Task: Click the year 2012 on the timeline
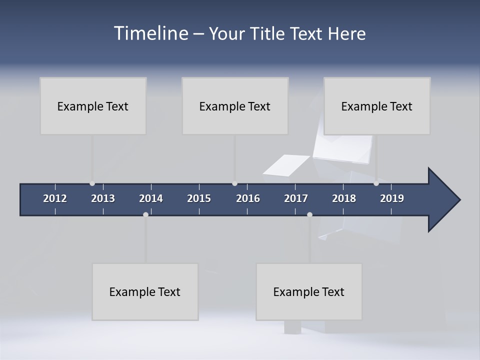click(x=55, y=198)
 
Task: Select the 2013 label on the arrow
click(x=103, y=198)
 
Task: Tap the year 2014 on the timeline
click(x=151, y=198)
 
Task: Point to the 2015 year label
click(x=199, y=198)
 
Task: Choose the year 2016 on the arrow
click(x=248, y=198)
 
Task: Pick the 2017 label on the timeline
click(x=296, y=198)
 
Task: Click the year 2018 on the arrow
click(x=344, y=198)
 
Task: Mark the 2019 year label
click(x=392, y=198)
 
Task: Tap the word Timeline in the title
click(x=151, y=33)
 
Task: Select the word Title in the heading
click(x=268, y=33)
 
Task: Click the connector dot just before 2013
click(x=92, y=183)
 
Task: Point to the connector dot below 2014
click(x=145, y=214)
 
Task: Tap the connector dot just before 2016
click(x=234, y=183)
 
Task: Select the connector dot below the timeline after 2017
click(x=309, y=214)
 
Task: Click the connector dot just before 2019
click(x=376, y=183)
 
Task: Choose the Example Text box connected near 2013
click(x=93, y=106)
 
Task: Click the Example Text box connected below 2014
click(x=145, y=291)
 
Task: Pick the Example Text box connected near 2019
click(x=377, y=106)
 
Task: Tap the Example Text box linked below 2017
click(x=309, y=291)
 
